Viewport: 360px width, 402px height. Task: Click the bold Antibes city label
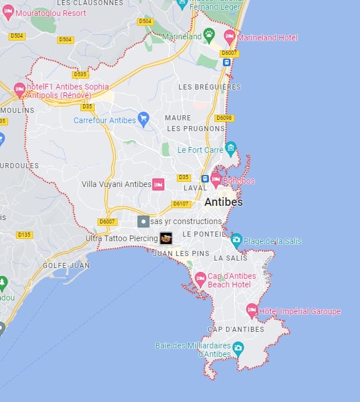pyautogui.click(x=224, y=202)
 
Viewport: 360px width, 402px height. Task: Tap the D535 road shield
pyautogui.click(x=80, y=74)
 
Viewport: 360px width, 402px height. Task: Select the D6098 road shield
pyautogui.click(x=224, y=118)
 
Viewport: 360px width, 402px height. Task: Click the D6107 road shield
pyautogui.click(x=181, y=204)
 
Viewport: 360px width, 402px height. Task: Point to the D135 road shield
pyautogui.click(x=25, y=234)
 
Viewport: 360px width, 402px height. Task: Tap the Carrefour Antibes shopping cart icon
pyautogui.click(x=144, y=120)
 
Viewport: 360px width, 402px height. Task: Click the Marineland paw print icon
pyautogui.click(x=209, y=35)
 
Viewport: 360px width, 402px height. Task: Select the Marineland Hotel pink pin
pyautogui.click(x=229, y=37)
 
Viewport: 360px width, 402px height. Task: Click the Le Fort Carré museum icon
pyautogui.click(x=230, y=149)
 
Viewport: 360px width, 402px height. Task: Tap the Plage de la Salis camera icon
pyautogui.click(x=236, y=241)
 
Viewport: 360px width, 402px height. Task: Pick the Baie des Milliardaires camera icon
pyautogui.click(x=238, y=347)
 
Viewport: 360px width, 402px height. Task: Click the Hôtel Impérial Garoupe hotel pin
pyautogui.click(x=252, y=311)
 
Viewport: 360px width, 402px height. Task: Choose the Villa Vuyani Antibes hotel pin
pyautogui.click(x=158, y=184)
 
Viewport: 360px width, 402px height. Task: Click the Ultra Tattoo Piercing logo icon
pyautogui.click(x=166, y=238)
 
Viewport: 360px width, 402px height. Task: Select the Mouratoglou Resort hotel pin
pyautogui.click(x=8, y=13)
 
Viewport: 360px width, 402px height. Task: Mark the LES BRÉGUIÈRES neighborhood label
pyautogui.click(x=209, y=87)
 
